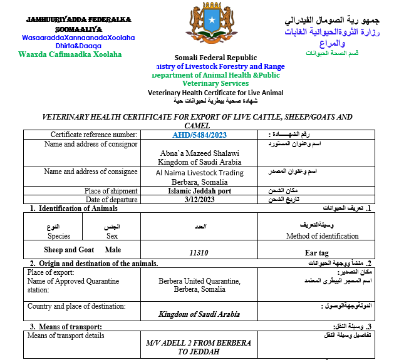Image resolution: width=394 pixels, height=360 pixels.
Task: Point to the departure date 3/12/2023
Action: (199, 200)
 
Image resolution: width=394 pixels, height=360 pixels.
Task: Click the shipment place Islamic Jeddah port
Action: (199, 191)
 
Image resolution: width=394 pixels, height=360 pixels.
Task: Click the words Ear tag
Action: (316, 253)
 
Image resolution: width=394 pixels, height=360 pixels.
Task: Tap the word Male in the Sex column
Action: (113, 249)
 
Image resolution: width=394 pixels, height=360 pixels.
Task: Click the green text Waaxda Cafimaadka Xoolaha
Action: (70, 54)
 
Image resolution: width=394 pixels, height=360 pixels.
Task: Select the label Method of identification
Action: (322, 236)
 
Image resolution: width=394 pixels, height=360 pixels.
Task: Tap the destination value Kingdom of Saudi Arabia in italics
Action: (199, 314)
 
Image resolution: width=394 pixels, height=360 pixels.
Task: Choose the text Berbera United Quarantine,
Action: (199, 281)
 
